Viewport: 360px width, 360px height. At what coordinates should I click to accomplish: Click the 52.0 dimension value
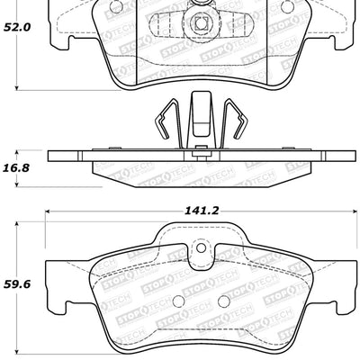(17, 28)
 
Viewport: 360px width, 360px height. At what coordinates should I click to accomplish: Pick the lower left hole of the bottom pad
(177, 301)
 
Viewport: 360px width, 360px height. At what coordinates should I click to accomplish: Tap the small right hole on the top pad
(287, 6)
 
